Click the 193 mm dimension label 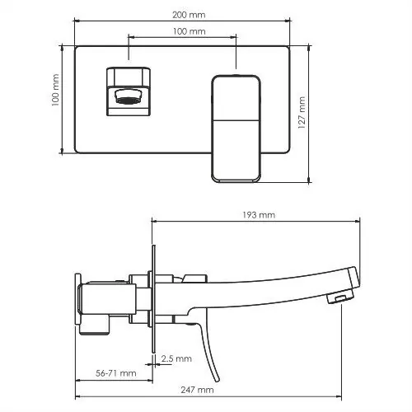[258, 215]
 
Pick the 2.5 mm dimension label [177, 358]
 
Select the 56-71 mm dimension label [115, 373]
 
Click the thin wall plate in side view [152, 297]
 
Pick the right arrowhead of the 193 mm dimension [359, 222]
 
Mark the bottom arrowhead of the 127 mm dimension [310, 180]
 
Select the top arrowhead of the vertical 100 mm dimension [63, 47]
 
